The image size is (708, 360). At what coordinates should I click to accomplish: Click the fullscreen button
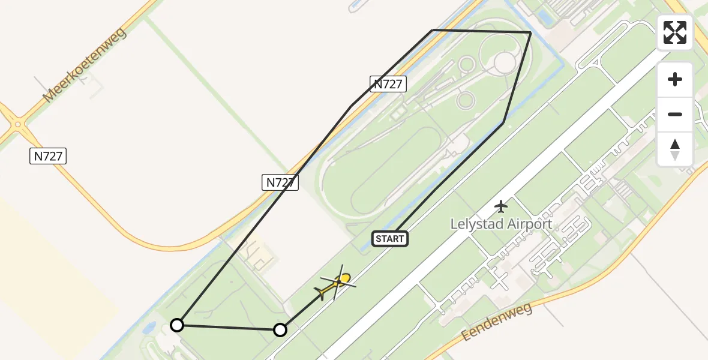point(675,32)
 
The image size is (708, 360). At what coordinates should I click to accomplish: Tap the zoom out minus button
point(675,114)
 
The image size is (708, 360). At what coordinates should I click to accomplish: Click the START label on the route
point(390,239)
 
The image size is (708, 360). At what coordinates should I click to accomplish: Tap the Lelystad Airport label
point(501,224)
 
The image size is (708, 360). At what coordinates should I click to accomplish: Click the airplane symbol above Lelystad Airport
point(501,206)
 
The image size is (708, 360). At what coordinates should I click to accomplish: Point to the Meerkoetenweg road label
point(85,64)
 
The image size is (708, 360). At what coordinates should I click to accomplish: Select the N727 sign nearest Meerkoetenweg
point(48,156)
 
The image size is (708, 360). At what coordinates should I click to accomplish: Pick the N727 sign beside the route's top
point(388,84)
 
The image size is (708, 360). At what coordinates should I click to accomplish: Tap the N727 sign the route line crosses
point(280,182)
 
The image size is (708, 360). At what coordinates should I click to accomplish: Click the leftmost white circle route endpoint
point(176,325)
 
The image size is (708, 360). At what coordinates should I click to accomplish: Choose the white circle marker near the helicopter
point(280,329)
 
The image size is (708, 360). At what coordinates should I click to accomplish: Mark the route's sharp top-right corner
point(530,32)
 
